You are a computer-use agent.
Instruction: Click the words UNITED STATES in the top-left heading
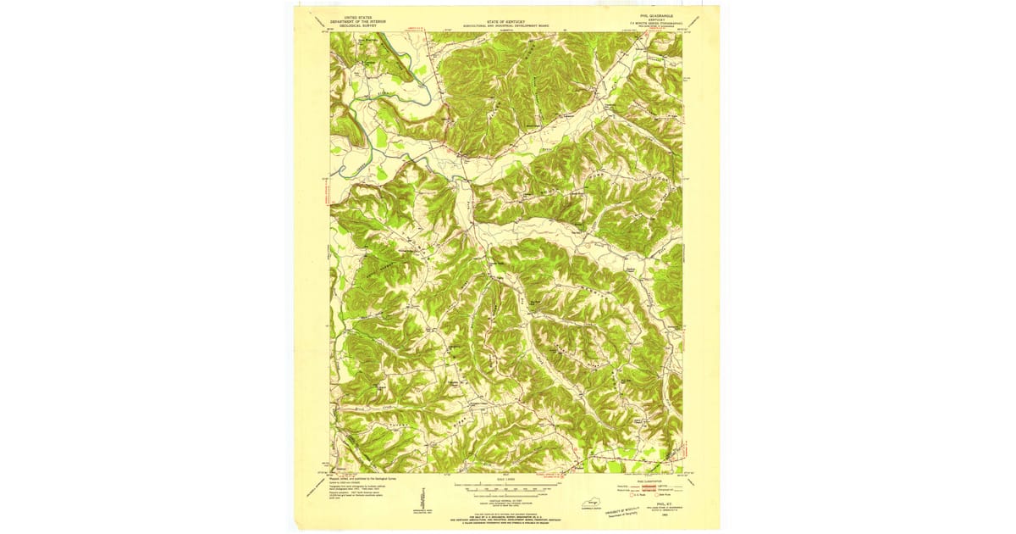(x=352, y=16)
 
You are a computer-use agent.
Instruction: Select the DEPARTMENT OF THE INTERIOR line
(x=352, y=21)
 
